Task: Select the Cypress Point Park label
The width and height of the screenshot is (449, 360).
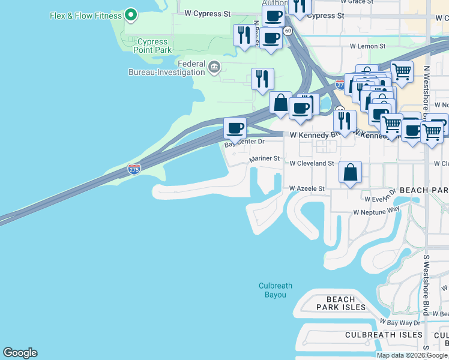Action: (x=152, y=46)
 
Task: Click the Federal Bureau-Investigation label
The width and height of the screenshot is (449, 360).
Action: (x=166, y=68)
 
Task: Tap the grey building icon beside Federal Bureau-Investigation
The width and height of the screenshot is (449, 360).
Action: (x=214, y=67)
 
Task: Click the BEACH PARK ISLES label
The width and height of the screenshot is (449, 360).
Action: (x=342, y=303)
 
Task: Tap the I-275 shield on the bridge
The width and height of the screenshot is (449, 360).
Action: (x=134, y=170)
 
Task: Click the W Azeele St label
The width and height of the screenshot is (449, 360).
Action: (x=307, y=188)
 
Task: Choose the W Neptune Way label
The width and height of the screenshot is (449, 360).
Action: (x=376, y=212)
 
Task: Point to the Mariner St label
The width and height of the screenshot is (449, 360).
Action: (x=265, y=159)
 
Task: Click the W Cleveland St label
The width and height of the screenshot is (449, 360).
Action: (x=312, y=163)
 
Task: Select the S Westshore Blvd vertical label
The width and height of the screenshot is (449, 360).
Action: (x=426, y=285)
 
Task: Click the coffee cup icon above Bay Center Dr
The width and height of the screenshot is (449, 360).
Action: (x=235, y=127)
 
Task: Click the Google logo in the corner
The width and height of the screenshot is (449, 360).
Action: (x=20, y=353)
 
